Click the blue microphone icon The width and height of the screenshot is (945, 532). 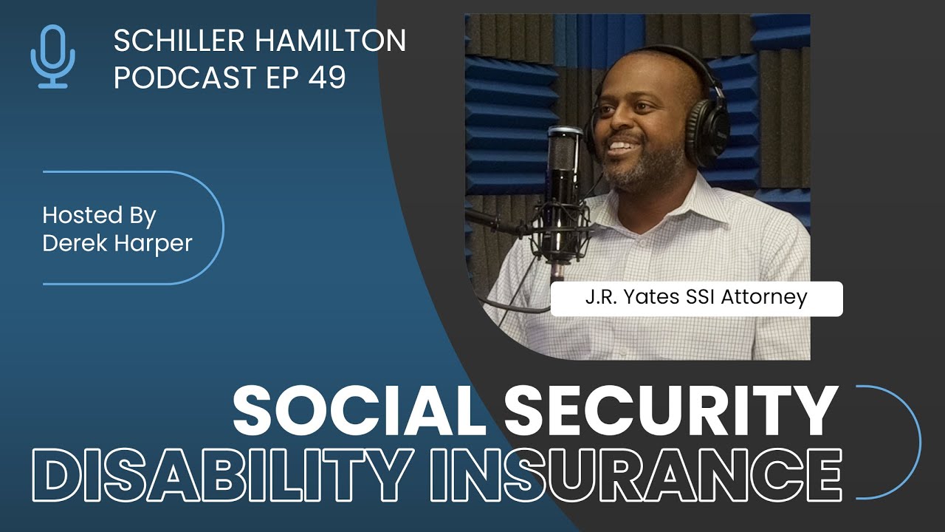52,56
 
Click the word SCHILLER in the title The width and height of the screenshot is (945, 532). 179,41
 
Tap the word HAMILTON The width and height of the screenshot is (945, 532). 330,41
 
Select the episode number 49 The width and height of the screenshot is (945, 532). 327,78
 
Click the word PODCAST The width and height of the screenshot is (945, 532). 185,78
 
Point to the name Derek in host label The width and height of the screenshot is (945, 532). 75,243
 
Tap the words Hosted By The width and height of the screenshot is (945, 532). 99,216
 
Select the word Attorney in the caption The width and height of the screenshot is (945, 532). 764,298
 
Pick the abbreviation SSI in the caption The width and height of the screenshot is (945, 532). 701,297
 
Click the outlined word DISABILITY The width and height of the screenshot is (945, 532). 222,475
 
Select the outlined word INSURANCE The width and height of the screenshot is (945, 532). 636,475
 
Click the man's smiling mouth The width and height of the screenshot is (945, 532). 622,146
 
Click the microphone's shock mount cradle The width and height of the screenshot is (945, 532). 561,228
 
